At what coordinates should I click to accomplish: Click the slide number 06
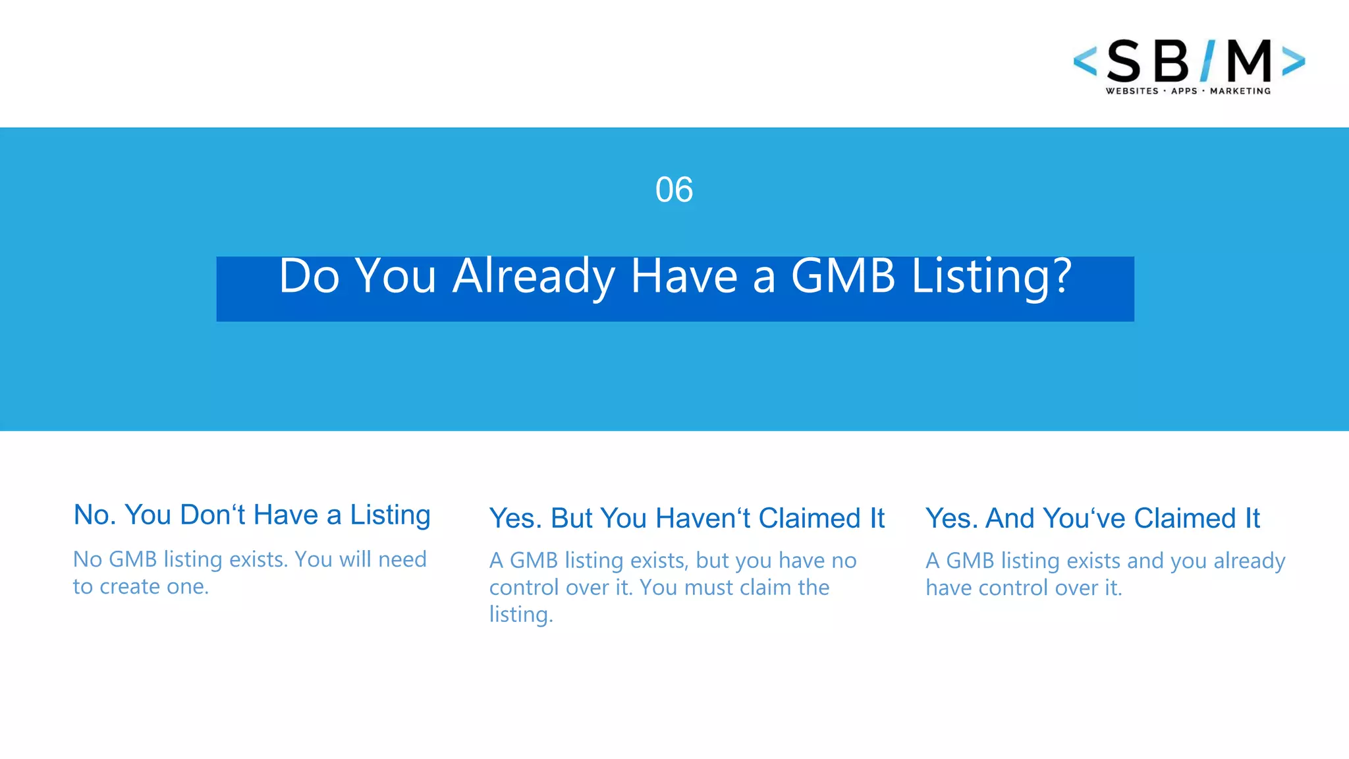coord(674,190)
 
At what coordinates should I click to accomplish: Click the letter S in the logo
coord(1124,62)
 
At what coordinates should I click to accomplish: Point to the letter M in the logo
coord(1249,61)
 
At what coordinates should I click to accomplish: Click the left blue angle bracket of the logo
coord(1085,61)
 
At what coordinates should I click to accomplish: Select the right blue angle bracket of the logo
coord(1294,61)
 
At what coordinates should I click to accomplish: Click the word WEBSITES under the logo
coord(1132,91)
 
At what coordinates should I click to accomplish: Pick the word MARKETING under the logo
coord(1240,91)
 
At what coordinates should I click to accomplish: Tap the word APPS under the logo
coord(1184,91)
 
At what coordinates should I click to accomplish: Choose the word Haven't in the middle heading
coord(703,519)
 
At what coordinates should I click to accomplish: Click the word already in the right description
coord(1249,561)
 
